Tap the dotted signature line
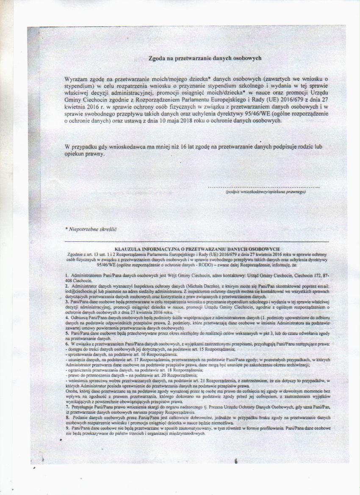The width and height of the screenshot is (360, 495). (x=263, y=186)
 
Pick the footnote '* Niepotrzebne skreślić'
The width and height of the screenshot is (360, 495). (x=89, y=229)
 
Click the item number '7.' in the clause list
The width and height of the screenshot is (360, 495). (x=67, y=407)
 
